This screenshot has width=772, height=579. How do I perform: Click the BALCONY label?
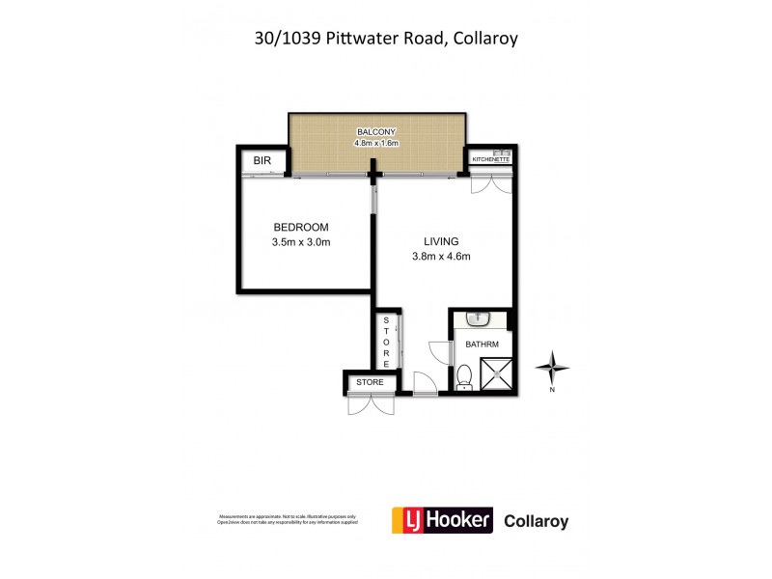376,132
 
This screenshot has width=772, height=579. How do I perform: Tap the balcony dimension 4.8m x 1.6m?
376,144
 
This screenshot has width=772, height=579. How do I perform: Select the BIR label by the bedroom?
262,160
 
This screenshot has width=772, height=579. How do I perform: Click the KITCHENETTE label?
490,160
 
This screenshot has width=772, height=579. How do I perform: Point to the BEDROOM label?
301,228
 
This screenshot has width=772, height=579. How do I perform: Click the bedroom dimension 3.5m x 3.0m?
301,243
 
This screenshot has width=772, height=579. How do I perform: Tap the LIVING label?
440,241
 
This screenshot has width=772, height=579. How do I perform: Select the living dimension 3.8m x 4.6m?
440,257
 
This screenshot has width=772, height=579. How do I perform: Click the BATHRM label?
481,345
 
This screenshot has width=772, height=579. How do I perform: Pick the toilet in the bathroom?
463,377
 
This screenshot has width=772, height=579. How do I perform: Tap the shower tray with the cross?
497,374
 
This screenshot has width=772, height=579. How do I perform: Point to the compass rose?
553,368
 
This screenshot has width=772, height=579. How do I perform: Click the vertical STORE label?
386,343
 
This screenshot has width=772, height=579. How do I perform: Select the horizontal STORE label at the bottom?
370,383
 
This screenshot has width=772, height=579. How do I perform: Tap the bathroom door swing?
439,353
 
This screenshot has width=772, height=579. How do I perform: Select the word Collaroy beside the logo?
537,522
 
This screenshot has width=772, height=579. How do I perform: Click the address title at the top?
385,39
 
